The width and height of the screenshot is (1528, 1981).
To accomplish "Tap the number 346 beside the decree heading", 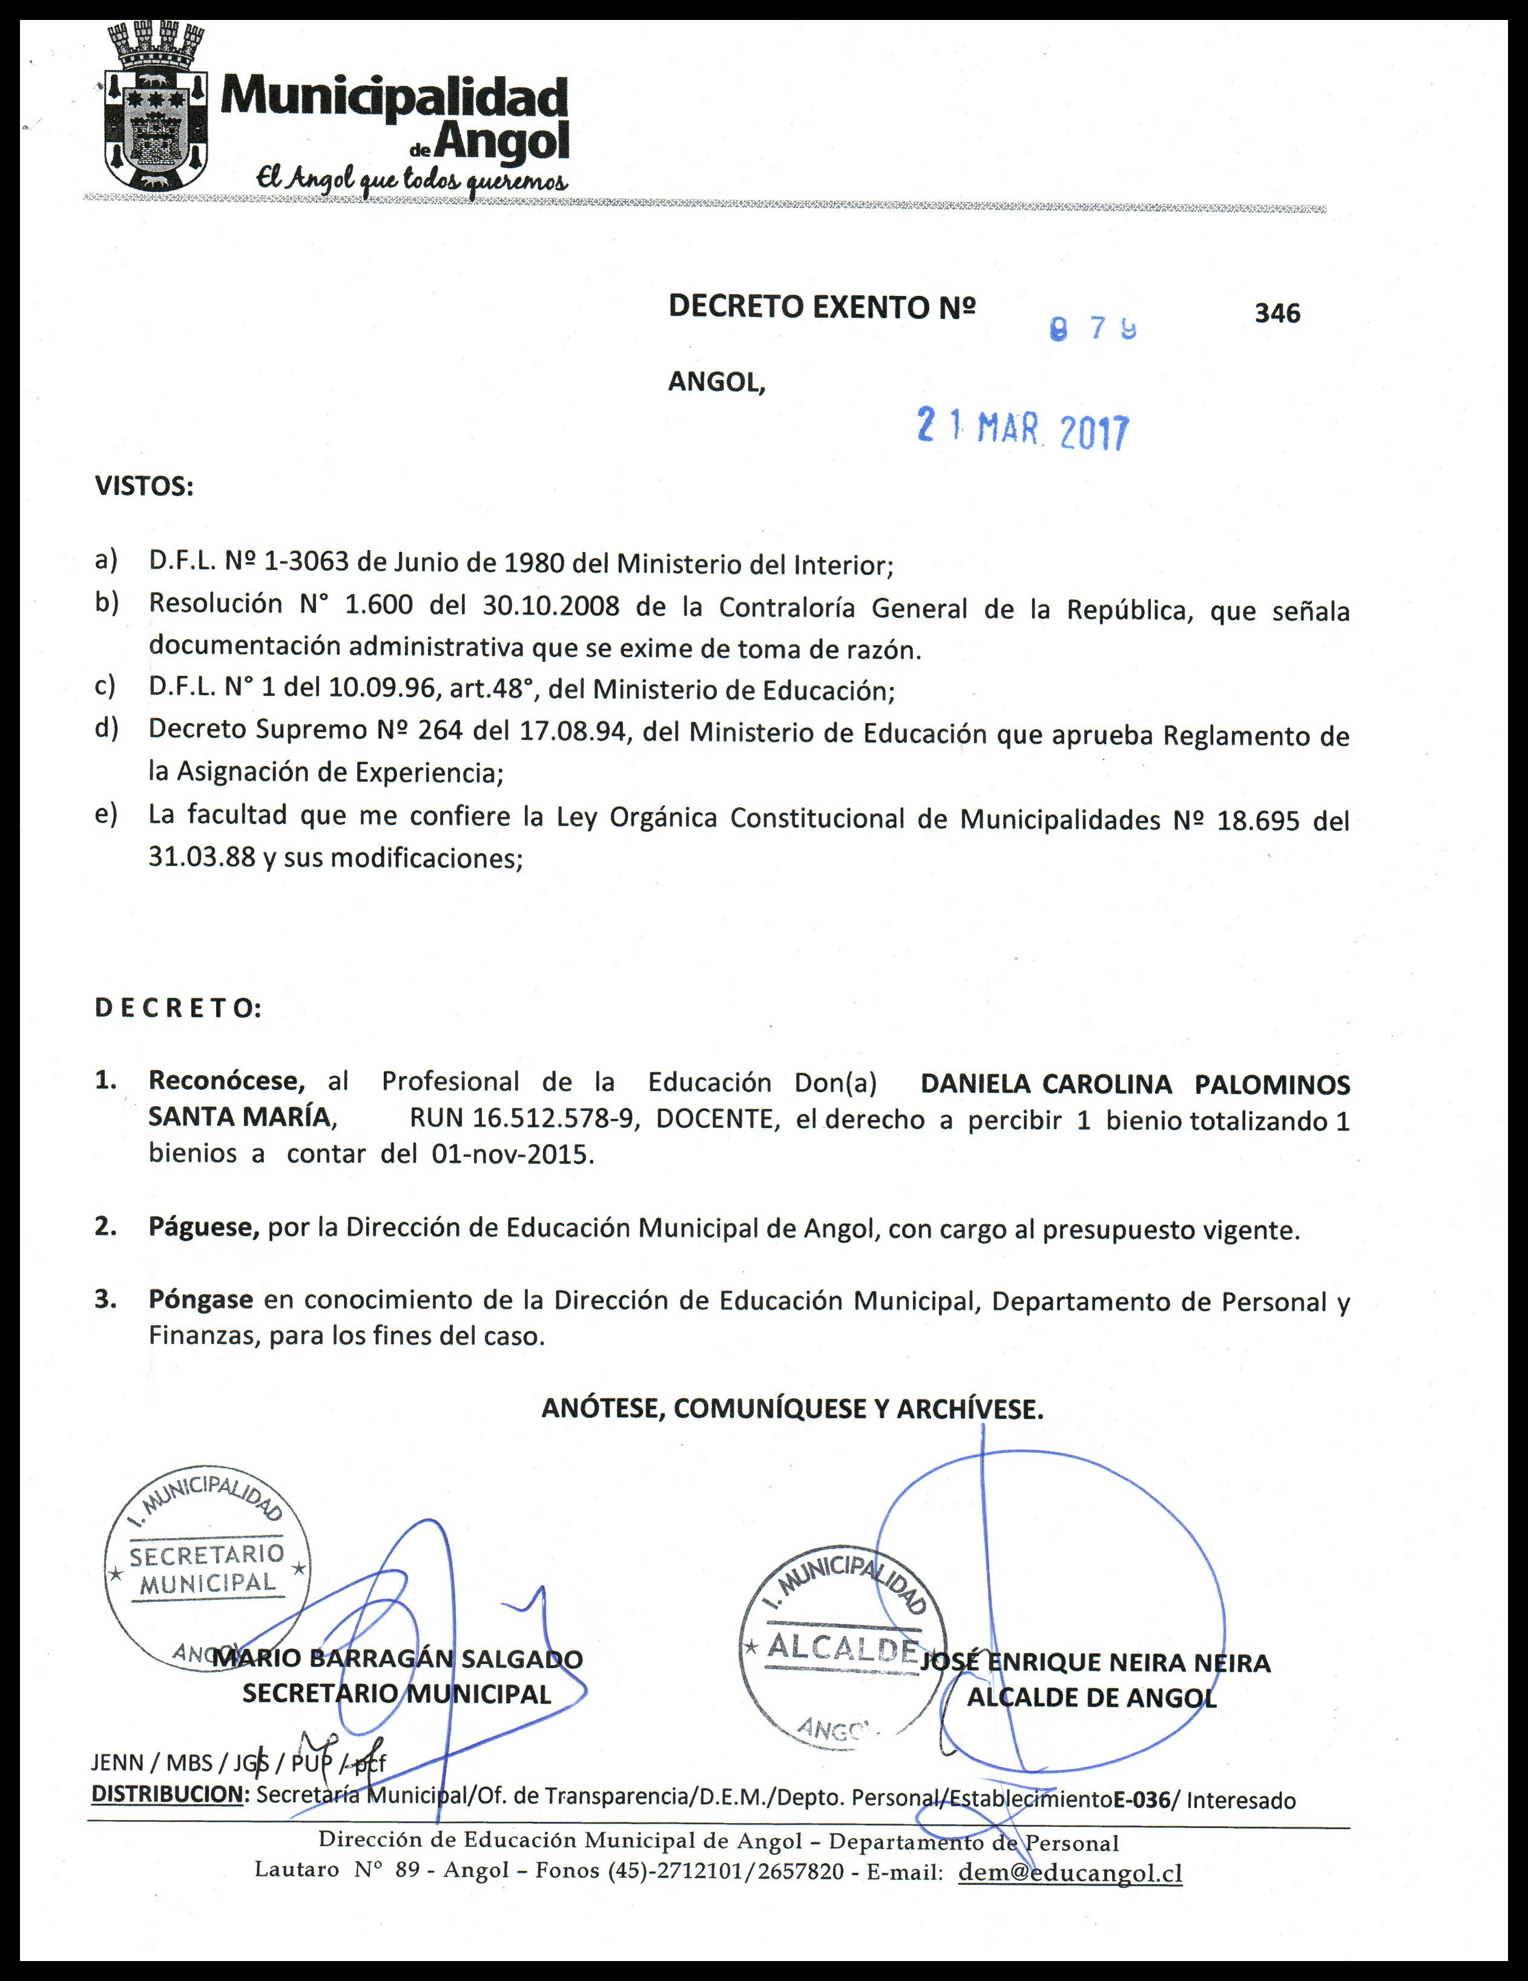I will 1277,313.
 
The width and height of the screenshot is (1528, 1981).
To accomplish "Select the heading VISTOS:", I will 144,487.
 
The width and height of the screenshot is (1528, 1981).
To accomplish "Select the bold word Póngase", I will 200,1300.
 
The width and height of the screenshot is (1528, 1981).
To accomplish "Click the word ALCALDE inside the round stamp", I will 842,1647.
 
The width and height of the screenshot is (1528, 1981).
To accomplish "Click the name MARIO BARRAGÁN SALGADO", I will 397,1659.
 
